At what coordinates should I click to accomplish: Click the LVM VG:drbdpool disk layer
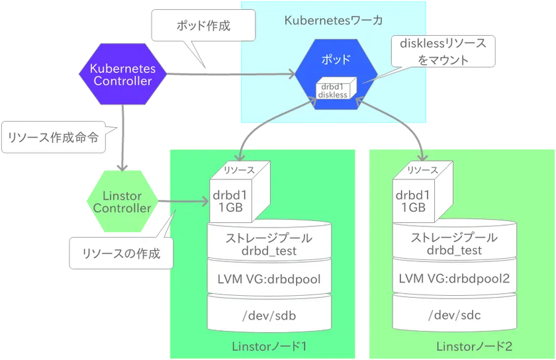(x=269, y=279)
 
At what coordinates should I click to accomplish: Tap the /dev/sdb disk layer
(x=269, y=315)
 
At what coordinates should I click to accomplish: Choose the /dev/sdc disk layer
(x=454, y=315)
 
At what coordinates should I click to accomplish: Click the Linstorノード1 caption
(x=269, y=346)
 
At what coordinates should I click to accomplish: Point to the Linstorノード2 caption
(x=475, y=346)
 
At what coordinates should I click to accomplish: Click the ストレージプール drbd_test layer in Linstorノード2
(x=454, y=244)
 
